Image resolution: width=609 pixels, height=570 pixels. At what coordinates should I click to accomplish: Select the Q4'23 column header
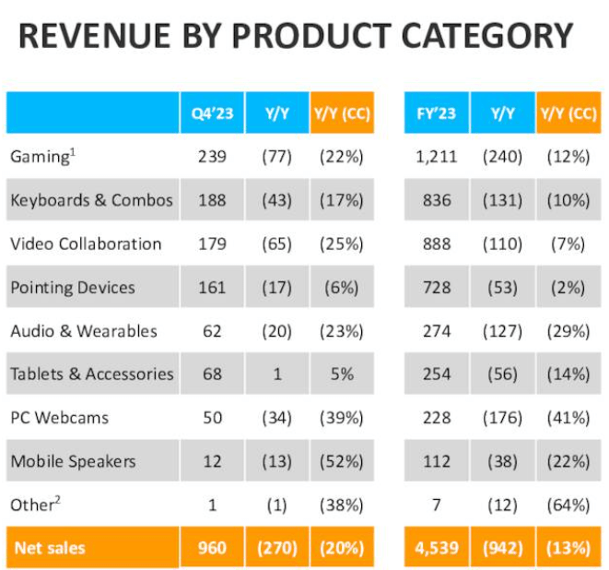211,113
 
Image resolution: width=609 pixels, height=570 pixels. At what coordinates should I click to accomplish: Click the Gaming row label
41,157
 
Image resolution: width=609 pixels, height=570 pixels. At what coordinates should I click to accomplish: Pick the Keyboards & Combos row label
91,200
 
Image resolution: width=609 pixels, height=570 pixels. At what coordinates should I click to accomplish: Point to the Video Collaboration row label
86,243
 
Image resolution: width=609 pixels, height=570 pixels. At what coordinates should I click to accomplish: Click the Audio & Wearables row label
84,330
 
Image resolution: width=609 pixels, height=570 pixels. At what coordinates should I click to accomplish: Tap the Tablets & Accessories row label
91,374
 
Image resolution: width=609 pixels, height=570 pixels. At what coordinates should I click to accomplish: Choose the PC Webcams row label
59,417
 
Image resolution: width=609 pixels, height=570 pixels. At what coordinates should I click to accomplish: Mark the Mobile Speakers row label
73,460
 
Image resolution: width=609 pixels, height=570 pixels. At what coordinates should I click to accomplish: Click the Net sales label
51,548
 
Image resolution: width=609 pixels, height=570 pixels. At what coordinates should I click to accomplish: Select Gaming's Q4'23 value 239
211,157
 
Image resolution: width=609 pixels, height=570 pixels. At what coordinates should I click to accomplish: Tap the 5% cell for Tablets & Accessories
342,374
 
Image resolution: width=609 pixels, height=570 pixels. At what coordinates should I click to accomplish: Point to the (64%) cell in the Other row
568,505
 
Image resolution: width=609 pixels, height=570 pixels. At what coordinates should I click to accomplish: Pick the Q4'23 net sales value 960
211,548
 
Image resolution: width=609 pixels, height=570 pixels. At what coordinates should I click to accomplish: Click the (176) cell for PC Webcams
502,417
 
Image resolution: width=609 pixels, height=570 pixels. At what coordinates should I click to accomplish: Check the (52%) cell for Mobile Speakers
342,460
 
